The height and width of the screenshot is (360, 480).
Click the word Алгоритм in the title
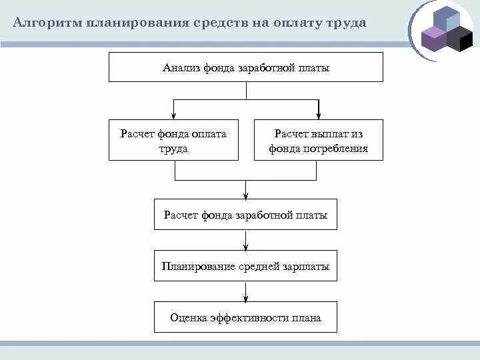pos(45,23)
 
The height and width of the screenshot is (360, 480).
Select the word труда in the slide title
pos(345,23)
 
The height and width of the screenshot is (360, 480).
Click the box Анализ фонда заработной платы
pos(245,67)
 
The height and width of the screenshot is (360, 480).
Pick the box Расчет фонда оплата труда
pos(173,141)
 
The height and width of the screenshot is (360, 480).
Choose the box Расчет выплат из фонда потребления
pos(319,141)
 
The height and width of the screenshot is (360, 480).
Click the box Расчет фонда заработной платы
pos(245,215)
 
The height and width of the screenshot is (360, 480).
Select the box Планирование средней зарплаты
pos(245,266)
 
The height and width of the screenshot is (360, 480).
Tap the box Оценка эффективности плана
pos(245,317)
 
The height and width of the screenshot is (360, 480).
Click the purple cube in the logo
pos(433,39)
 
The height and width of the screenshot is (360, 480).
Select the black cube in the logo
pos(459,39)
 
